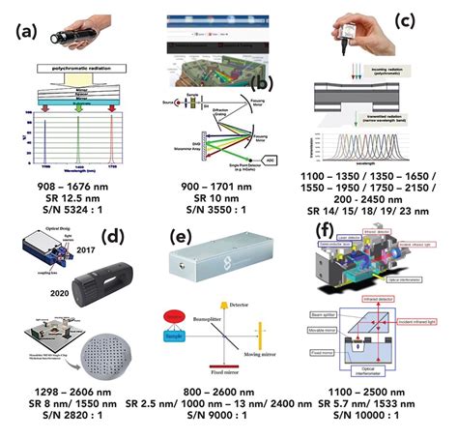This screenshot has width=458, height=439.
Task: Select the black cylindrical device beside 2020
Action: coord(100,277)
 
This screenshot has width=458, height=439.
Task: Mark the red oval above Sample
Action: coord(179,320)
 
